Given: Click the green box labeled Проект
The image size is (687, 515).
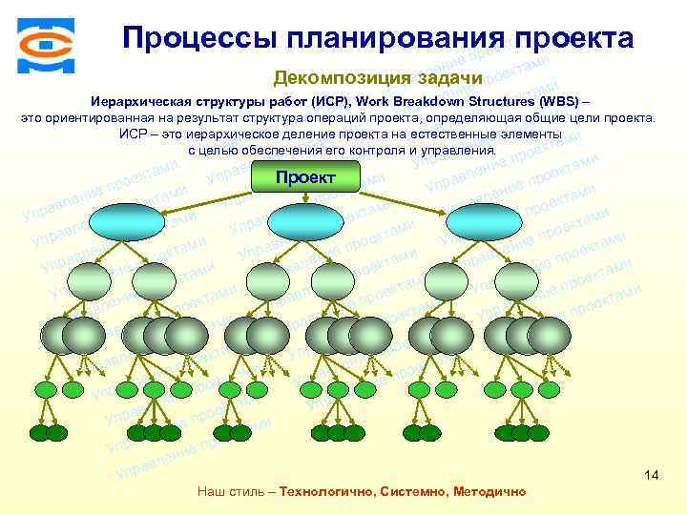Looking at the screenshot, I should (x=304, y=177).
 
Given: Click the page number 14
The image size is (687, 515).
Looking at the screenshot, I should (x=652, y=474).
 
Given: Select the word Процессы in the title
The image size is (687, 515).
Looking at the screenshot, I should (x=197, y=38).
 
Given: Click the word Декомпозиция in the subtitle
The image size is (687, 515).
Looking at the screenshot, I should (x=343, y=77).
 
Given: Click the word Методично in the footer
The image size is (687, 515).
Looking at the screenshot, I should (x=486, y=491).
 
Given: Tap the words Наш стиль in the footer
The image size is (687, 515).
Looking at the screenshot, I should (x=230, y=491).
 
